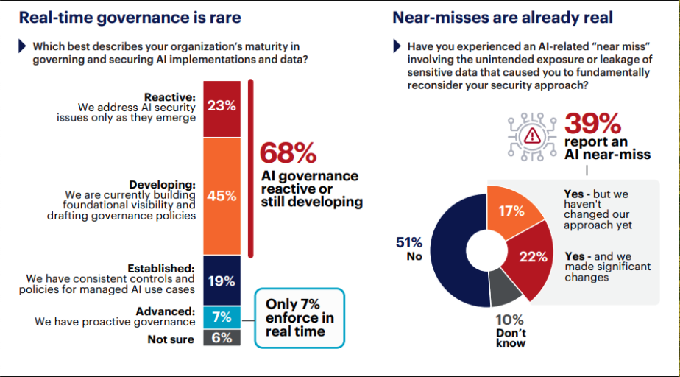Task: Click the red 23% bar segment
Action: pos(221,106)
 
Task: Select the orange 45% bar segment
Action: pos(221,196)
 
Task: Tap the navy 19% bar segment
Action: pos(221,281)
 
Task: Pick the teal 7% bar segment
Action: pos(221,317)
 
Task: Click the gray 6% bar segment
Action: pos(221,339)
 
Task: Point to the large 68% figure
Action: pos(288,153)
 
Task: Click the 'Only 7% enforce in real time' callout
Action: pos(299,317)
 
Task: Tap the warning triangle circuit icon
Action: pos(531,135)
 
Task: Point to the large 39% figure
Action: pos(592,123)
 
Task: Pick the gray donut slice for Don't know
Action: pos(505,289)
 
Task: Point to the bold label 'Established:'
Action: pos(163,268)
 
